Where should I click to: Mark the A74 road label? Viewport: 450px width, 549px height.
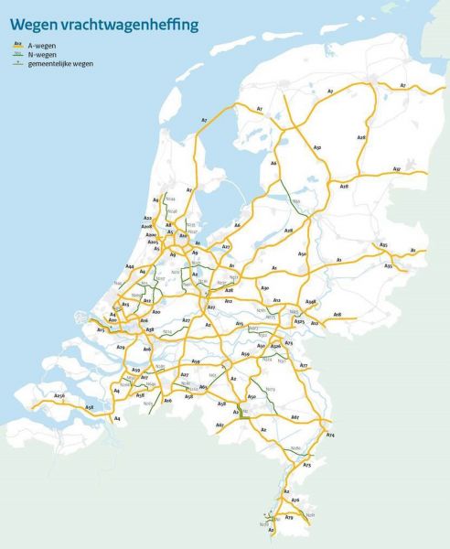click(330, 436)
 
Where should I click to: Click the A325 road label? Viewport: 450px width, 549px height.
click(298, 322)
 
